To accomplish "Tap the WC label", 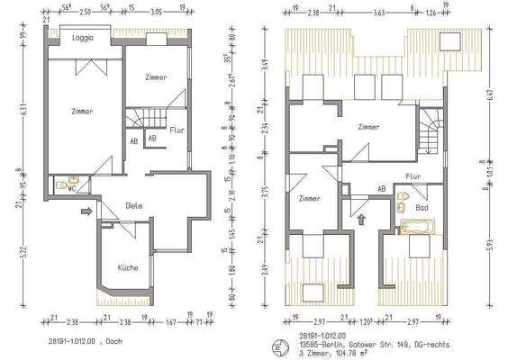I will coord(70,189).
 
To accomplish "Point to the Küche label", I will coord(128,268).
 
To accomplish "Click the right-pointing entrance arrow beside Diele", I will coord(86,212).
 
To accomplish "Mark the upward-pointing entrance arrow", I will coord(361,218).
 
